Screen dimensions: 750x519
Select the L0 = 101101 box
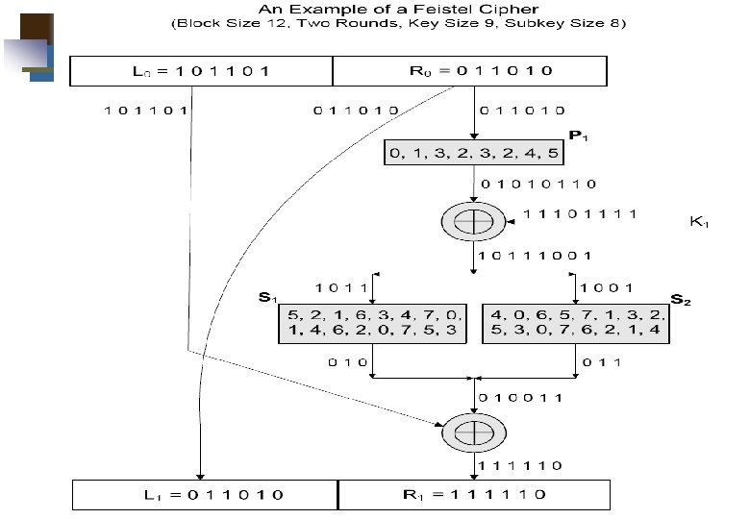point(202,70)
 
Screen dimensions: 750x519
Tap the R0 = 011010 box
point(469,70)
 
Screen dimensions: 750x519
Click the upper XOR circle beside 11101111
point(474,221)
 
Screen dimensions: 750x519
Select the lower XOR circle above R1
point(474,432)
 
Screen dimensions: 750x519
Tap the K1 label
point(698,221)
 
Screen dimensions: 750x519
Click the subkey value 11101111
point(579,213)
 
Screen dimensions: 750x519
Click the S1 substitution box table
point(372,322)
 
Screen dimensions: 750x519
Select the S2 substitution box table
point(576,322)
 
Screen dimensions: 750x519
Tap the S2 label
point(680,299)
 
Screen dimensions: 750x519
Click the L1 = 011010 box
point(205,495)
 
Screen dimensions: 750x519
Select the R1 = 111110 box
point(474,495)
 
